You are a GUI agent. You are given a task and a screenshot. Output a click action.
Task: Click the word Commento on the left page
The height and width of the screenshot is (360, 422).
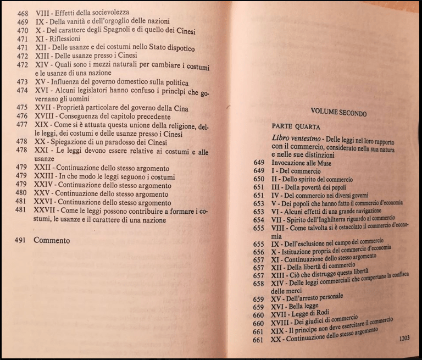52,240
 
